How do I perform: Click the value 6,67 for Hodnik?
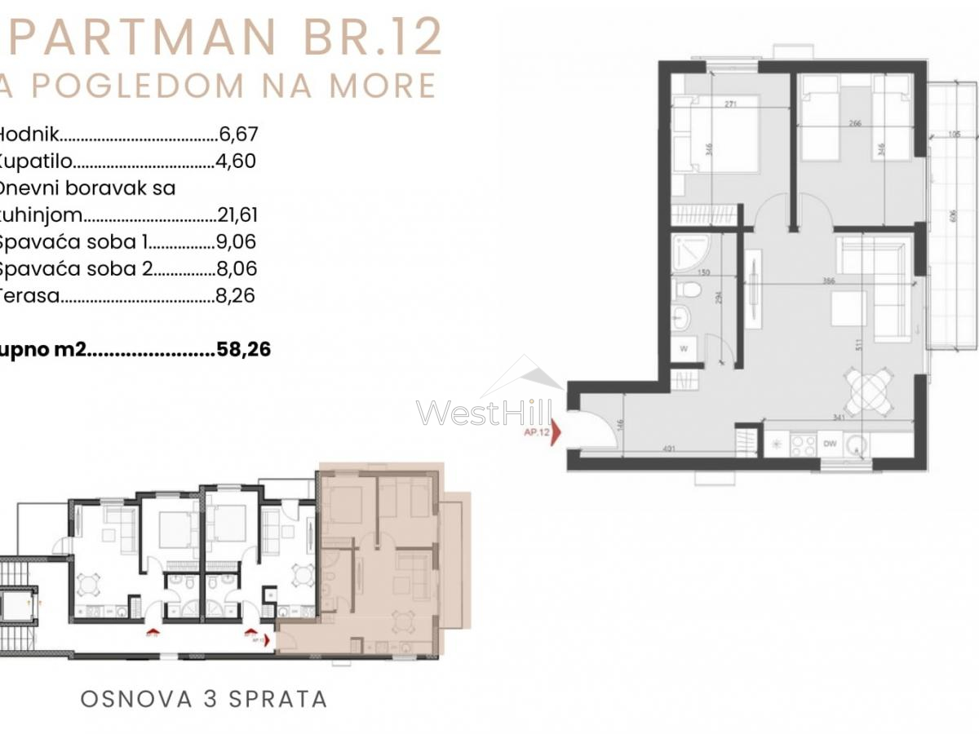click(x=238, y=135)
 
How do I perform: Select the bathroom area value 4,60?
click(x=237, y=161)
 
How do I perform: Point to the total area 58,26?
click(x=244, y=350)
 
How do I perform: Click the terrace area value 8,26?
click(x=237, y=295)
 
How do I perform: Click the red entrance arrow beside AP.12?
click(x=556, y=433)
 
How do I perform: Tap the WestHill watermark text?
click(x=485, y=413)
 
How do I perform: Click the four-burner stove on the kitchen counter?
click(x=804, y=445)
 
